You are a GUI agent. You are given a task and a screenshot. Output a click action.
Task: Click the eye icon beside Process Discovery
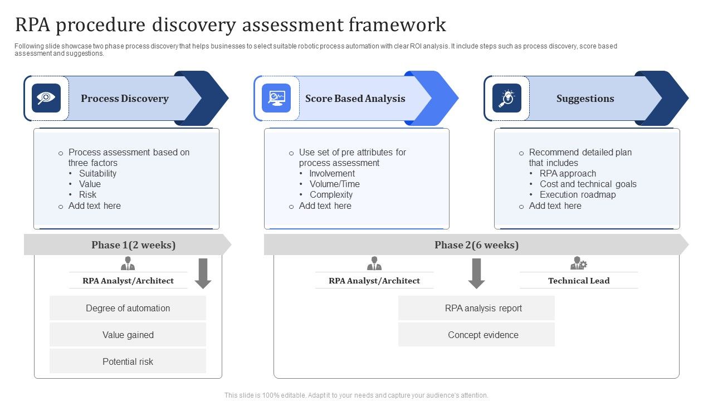pyautogui.click(x=46, y=98)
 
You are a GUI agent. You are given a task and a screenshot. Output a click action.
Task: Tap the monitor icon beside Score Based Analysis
pyautogui.click(x=276, y=98)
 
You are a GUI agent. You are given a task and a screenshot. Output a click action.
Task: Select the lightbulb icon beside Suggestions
pyautogui.click(x=506, y=98)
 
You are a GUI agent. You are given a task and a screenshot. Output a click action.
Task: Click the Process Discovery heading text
pyautogui.click(x=125, y=99)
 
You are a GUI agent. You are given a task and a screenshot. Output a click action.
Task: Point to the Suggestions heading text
pyautogui.click(x=585, y=99)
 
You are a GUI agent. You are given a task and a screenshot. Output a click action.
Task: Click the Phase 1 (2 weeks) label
pyautogui.click(x=133, y=245)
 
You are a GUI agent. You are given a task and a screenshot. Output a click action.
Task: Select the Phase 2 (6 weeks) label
pyautogui.click(x=476, y=245)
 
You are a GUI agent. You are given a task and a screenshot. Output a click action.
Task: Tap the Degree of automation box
pyautogui.click(x=128, y=308)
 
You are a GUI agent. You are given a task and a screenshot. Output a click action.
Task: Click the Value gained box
pyautogui.click(x=128, y=335)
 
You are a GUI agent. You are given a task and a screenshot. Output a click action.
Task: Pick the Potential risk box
pyautogui.click(x=128, y=361)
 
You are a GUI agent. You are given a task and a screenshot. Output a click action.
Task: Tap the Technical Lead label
pyautogui.click(x=579, y=281)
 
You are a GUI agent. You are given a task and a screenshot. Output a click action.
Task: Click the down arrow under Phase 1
pyautogui.click(x=203, y=273)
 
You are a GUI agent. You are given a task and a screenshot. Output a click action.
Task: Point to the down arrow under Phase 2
pyautogui.click(x=476, y=273)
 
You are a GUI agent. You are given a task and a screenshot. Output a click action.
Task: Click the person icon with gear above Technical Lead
pyautogui.click(x=578, y=263)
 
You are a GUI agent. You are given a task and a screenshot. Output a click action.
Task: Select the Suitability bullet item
pyautogui.click(x=97, y=173)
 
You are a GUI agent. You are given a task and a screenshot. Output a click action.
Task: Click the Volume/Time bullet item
pyautogui.click(x=334, y=184)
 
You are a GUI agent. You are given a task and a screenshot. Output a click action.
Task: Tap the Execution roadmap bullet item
pyautogui.click(x=578, y=194)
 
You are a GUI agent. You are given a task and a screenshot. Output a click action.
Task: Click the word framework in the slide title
pyautogui.click(x=397, y=25)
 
